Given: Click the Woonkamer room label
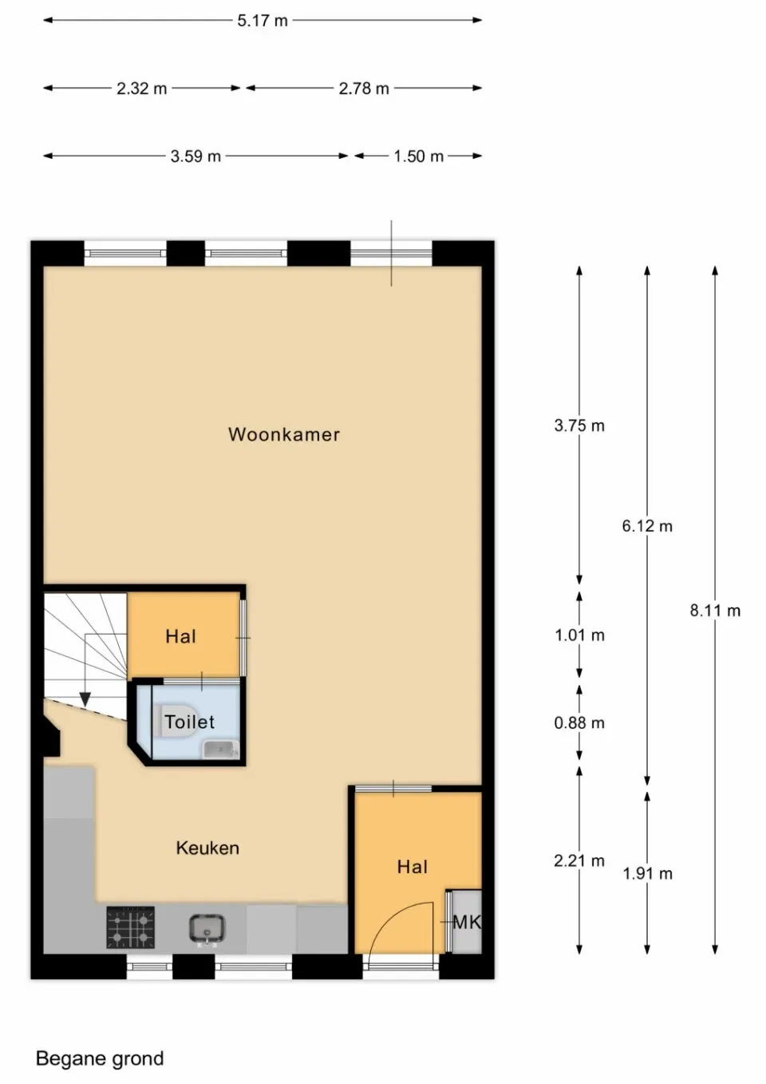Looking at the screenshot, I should pos(284,435).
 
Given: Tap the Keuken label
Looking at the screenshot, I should pos(207,849).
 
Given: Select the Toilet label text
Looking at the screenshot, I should pos(190,722).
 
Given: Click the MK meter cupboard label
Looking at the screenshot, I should pos(467,923).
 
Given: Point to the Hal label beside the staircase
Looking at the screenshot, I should pos(180,637).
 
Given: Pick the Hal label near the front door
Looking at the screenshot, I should pos(413,867).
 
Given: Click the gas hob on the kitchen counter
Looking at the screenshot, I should pos(131,928).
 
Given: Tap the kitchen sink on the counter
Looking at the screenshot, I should pos(207,928).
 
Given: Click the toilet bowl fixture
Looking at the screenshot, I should pos(180,721).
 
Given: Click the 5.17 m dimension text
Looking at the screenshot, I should pos(263,21).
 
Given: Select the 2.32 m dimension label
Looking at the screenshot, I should pos(142,89).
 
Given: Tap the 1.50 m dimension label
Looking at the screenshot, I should pos(418,156).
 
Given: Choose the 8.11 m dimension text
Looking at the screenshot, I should pos(715,611).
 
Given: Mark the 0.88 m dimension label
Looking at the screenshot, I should pos(579,723).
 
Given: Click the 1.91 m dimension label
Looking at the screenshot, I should pos(647,874).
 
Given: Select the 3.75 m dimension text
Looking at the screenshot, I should pos(579,426).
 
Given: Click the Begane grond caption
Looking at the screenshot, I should pos(100,1059).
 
